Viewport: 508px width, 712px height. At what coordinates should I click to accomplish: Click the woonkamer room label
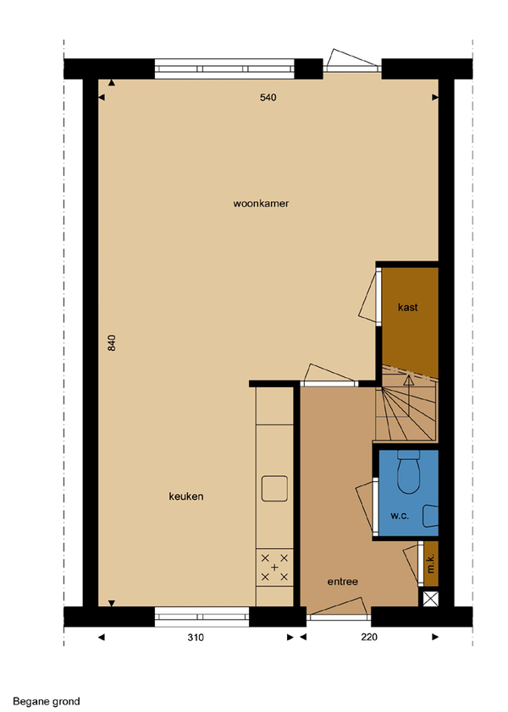click(x=261, y=204)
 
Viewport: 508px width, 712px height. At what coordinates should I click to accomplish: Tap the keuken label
click(x=186, y=496)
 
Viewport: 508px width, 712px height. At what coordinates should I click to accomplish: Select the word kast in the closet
click(x=407, y=308)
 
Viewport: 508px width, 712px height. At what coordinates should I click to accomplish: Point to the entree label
click(x=342, y=582)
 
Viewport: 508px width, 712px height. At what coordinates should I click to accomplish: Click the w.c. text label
click(x=400, y=516)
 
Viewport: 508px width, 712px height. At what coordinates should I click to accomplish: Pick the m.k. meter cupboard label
click(x=431, y=562)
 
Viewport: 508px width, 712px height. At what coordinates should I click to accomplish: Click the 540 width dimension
click(x=268, y=97)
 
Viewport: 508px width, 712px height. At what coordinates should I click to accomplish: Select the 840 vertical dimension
click(x=112, y=342)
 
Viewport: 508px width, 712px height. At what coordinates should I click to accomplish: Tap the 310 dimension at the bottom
click(x=196, y=638)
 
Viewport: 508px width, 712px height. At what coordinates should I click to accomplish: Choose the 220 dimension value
click(x=369, y=637)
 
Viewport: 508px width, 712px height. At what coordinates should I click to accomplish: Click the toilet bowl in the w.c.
click(x=408, y=472)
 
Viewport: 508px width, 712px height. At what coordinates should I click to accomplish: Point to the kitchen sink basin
click(x=274, y=489)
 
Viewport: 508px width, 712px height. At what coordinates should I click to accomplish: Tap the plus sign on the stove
click(x=274, y=567)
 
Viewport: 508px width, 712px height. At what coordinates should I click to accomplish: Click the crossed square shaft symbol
click(x=431, y=599)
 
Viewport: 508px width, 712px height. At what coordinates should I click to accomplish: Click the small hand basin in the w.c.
click(x=430, y=517)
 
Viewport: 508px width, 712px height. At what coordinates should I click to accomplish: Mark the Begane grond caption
click(x=47, y=702)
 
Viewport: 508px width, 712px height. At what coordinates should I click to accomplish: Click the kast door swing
click(x=368, y=298)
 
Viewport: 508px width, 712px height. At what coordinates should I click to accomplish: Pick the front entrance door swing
click(x=337, y=607)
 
